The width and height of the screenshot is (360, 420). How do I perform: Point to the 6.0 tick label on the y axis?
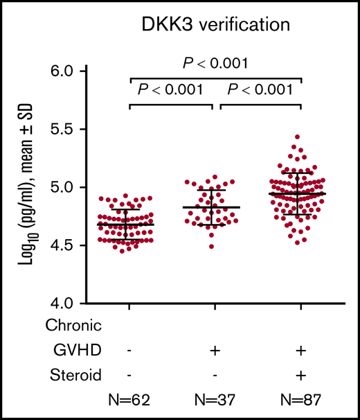click(91, 71)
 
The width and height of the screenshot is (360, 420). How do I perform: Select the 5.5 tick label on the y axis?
click(91, 130)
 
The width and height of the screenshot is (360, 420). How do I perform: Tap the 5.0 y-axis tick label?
click(91, 188)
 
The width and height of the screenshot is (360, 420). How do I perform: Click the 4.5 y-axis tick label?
click(91, 245)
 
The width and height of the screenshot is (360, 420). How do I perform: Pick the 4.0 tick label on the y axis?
click(91, 304)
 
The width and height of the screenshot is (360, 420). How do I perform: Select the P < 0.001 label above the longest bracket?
click(215, 64)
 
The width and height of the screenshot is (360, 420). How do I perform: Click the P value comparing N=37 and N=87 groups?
click(261, 89)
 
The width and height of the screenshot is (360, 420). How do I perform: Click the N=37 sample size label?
click(215, 401)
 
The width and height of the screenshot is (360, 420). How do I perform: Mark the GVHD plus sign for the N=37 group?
click(215, 350)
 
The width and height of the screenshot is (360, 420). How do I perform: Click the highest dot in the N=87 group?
click(298, 137)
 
